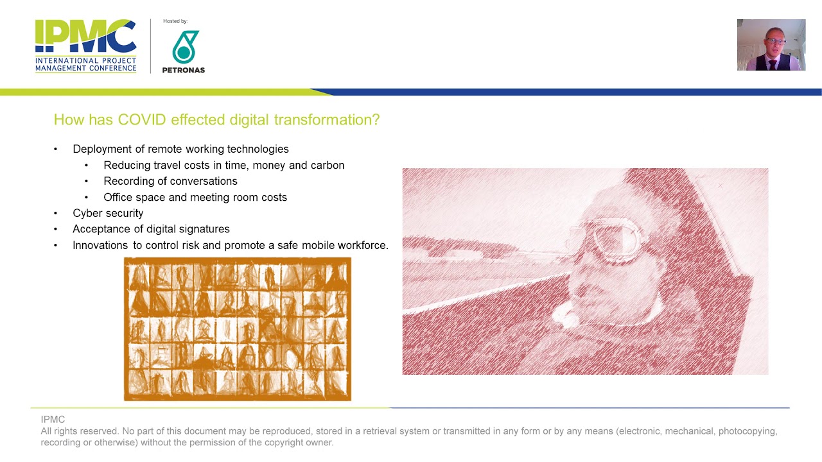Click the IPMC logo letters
point(85,37)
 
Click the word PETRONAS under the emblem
point(184,70)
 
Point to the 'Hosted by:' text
point(175,21)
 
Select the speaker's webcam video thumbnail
point(771,45)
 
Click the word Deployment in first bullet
point(102,149)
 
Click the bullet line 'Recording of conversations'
point(170,181)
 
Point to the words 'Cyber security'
point(108,213)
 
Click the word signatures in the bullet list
point(204,229)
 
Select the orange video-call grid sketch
point(238,329)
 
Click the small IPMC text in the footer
point(53,420)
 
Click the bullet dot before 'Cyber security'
point(56,213)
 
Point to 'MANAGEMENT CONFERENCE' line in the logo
point(85,68)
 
